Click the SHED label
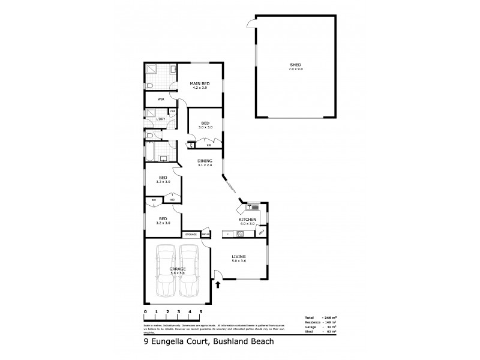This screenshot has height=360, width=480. click(x=295, y=65)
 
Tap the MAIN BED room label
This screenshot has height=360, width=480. click(x=200, y=83)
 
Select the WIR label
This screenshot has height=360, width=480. click(x=161, y=99)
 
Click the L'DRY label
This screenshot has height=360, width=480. click(x=160, y=119)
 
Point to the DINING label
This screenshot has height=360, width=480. click(x=206, y=161)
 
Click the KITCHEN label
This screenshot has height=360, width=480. click(x=248, y=220)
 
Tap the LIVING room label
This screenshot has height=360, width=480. click(x=239, y=257)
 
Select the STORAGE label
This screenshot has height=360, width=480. click(x=191, y=234)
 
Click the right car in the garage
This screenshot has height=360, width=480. click(x=190, y=271)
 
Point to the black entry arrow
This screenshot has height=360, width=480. click(x=217, y=286)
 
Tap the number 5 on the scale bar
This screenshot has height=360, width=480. click(x=201, y=312)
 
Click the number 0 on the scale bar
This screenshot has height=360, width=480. click(x=145, y=312)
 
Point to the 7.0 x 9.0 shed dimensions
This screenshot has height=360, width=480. click(x=295, y=70)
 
